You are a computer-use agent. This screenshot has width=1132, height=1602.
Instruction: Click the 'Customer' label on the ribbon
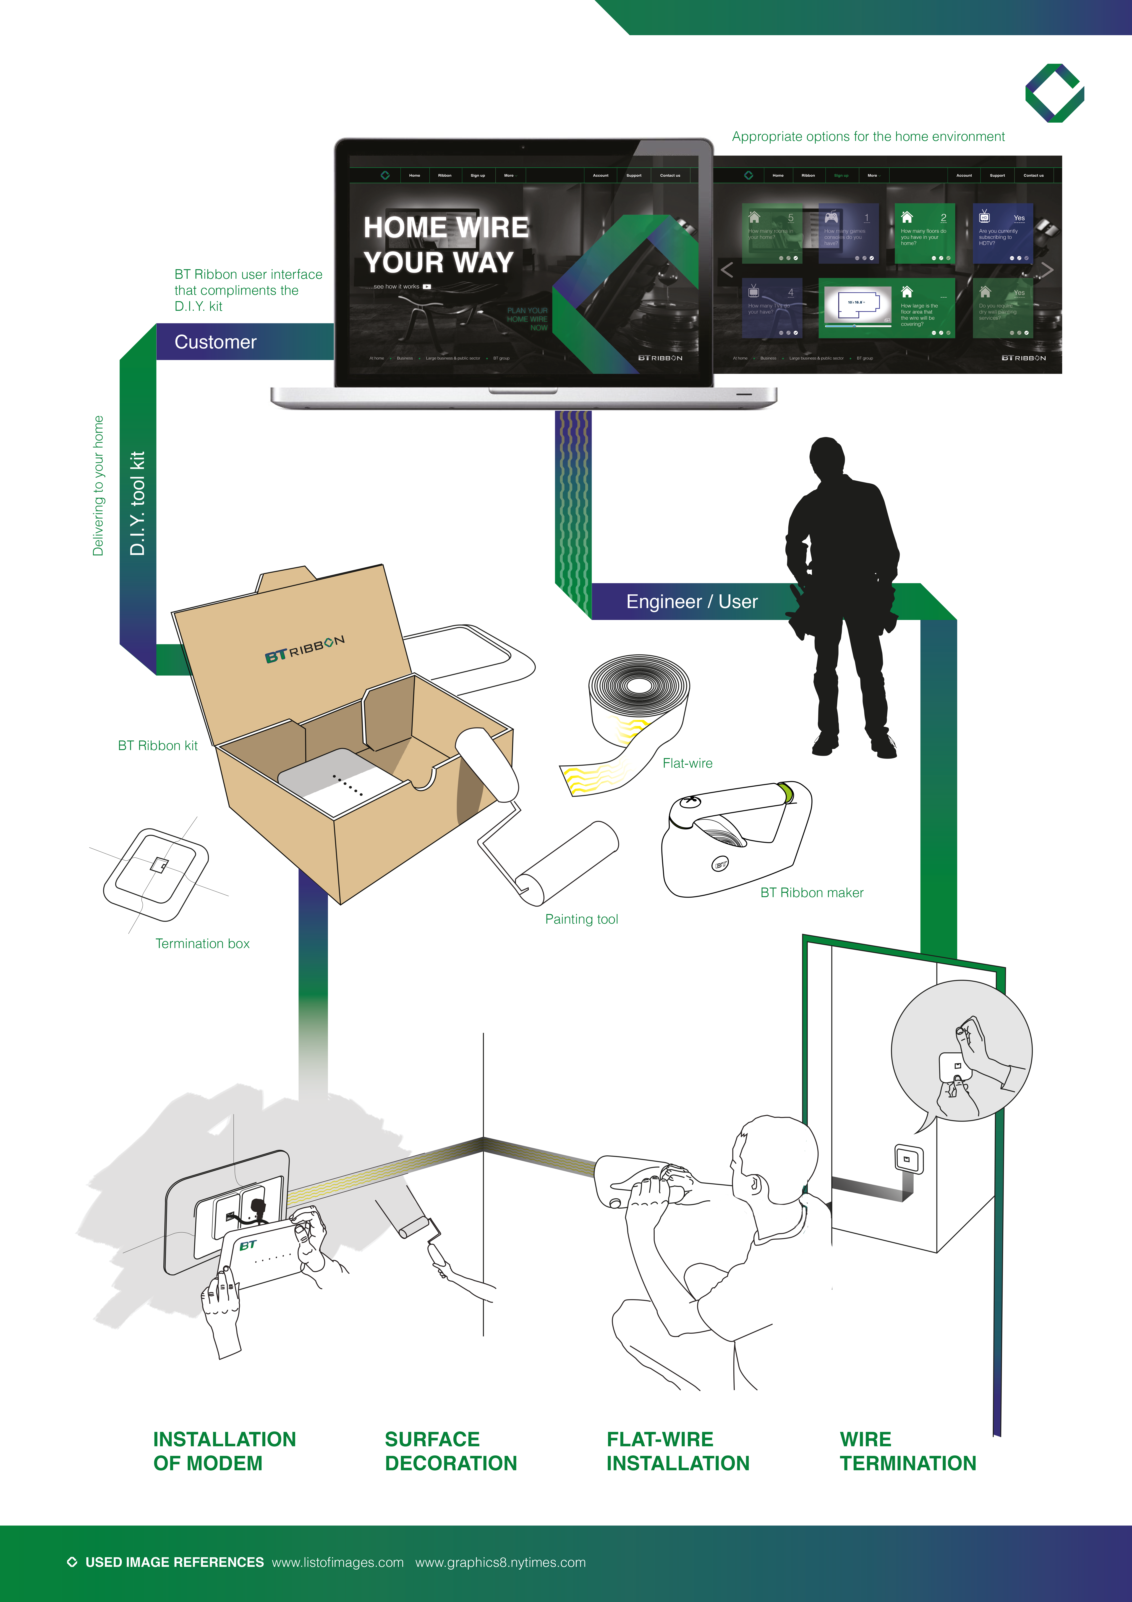(216, 342)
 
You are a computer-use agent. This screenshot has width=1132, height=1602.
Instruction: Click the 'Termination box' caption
(202, 943)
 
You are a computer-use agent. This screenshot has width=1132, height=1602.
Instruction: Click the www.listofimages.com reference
(337, 1562)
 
